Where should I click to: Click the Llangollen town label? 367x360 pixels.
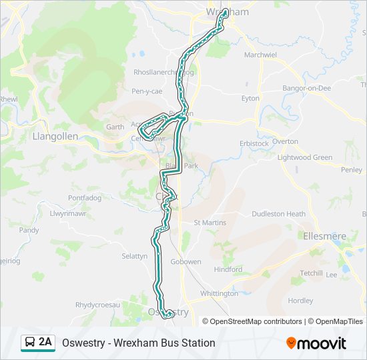point(55,136)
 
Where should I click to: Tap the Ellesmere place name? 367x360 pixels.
point(325,236)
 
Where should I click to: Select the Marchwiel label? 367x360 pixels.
point(260,55)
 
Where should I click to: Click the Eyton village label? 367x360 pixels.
point(250,99)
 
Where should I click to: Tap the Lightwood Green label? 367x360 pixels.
point(304,157)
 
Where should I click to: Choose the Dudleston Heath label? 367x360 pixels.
point(278,214)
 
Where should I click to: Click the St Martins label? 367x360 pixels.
point(210,223)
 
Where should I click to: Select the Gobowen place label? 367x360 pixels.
point(186,262)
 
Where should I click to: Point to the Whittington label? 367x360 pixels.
point(219,293)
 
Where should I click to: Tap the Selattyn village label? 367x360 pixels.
point(134,256)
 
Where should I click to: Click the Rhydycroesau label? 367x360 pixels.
point(97,305)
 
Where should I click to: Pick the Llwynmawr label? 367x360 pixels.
point(69,214)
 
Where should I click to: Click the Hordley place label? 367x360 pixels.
point(300,301)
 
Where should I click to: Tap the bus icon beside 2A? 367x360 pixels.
point(29,343)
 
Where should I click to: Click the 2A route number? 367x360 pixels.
point(45,342)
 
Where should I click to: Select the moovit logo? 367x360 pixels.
point(316,343)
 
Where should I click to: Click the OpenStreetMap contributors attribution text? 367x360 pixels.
point(256,321)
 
